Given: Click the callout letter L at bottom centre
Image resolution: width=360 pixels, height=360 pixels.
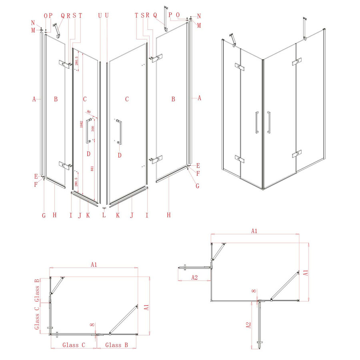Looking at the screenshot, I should (104, 215).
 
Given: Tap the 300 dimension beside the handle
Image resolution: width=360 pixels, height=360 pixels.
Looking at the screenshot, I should (93, 129).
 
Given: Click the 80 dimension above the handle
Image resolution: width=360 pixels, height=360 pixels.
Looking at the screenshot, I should (88, 112).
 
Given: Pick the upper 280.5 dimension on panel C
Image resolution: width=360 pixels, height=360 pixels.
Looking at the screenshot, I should (77, 61).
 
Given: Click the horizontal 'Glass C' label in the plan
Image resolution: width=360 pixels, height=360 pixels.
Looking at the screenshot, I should (74, 344).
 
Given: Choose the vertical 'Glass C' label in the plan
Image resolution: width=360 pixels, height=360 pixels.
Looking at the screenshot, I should (36, 318).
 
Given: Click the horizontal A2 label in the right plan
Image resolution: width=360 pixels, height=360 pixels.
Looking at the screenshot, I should (194, 277).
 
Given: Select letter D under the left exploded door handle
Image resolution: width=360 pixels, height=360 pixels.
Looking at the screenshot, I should (88, 154).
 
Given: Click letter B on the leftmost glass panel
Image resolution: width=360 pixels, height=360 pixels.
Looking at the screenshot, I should (56, 99).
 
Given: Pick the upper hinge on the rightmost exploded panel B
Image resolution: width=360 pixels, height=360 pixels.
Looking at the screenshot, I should (156, 58).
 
